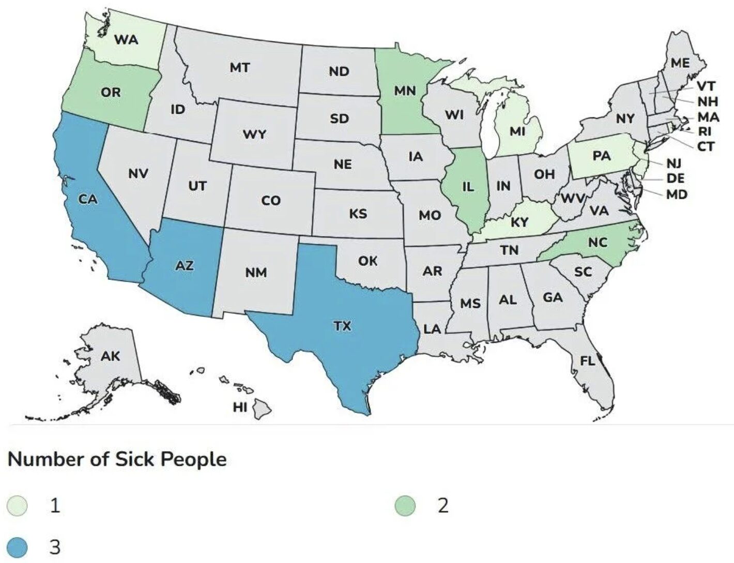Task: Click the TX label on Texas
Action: [342, 326]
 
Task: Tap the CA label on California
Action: [88, 199]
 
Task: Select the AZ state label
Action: [185, 266]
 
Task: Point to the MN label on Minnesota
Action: [405, 91]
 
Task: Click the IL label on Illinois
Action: [467, 187]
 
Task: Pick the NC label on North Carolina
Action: [598, 242]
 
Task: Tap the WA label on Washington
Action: [126, 39]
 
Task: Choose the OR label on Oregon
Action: [111, 93]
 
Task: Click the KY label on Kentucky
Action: [519, 223]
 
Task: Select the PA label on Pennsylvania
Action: [602, 156]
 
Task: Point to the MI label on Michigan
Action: [517, 131]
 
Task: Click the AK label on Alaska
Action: [110, 356]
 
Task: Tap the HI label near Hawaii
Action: [240, 407]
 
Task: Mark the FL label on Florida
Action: [587, 361]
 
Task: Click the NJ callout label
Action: [674, 164]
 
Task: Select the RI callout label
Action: [705, 131]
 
